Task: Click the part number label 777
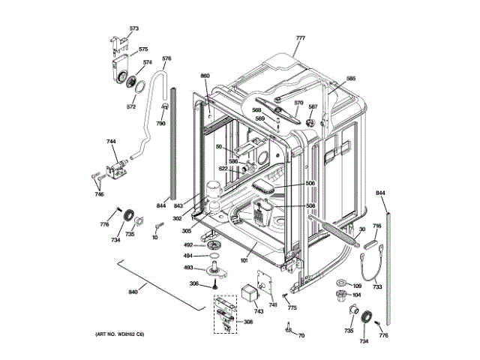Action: pos(301,38)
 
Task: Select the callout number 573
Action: pos(134,28)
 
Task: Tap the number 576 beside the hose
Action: pos(166,58)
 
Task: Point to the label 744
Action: pos(111,142)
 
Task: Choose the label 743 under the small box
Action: pos(259,311)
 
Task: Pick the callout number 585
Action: pos(351,79)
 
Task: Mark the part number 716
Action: pos(377,226)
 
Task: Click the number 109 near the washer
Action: pos(358,285)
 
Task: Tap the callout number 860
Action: pos(205,76)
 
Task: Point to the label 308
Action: pos(248,322)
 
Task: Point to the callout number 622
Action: pos(223,169)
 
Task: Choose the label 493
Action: pos(189,267)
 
